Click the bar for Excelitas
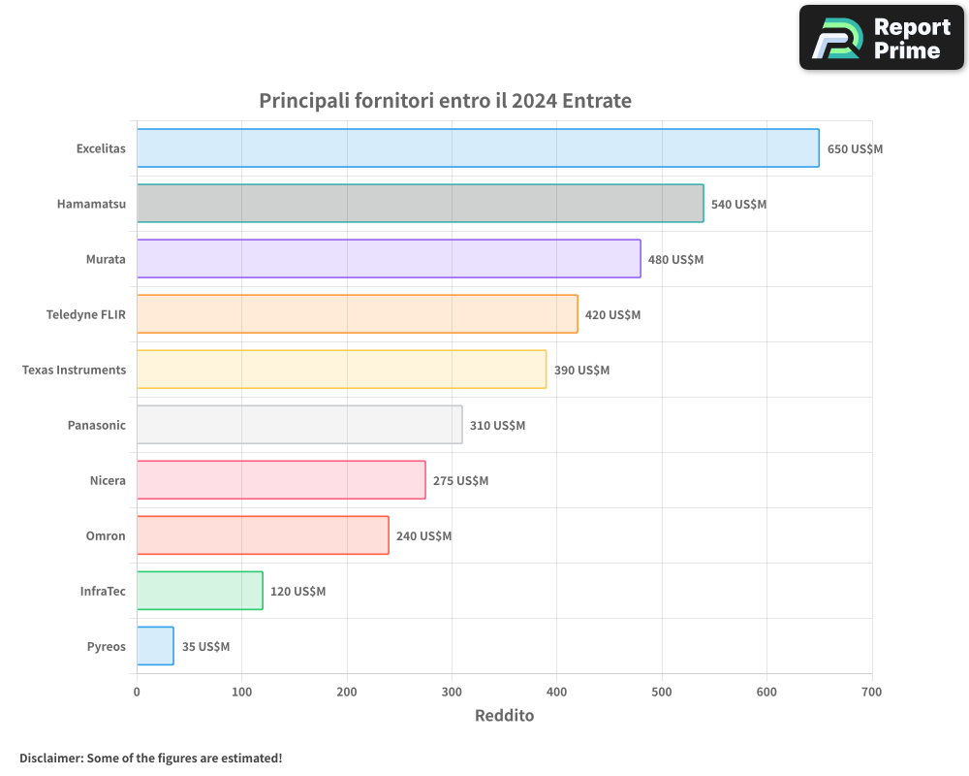pos(478,148)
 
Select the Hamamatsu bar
pos(420,204)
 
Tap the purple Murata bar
pos(389,259)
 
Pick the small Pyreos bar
pos(155,646)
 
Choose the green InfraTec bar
pos(200,591)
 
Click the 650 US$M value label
pos(855,149)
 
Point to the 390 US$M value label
pos(581,371)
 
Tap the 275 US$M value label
pos(460,481)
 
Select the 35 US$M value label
pos(205,647)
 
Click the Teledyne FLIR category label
pos(86,314)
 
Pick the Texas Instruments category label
pos(74,370)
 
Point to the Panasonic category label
pos(97,425)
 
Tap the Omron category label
pos(106,535)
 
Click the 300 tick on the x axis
pos(452,692)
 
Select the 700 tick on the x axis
pos(871,692)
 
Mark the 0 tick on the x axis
pos(137,692)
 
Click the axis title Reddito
pos(504,716)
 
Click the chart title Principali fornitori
pos(445,101)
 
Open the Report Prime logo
pos(882,38)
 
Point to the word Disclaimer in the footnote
pos(50,758)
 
